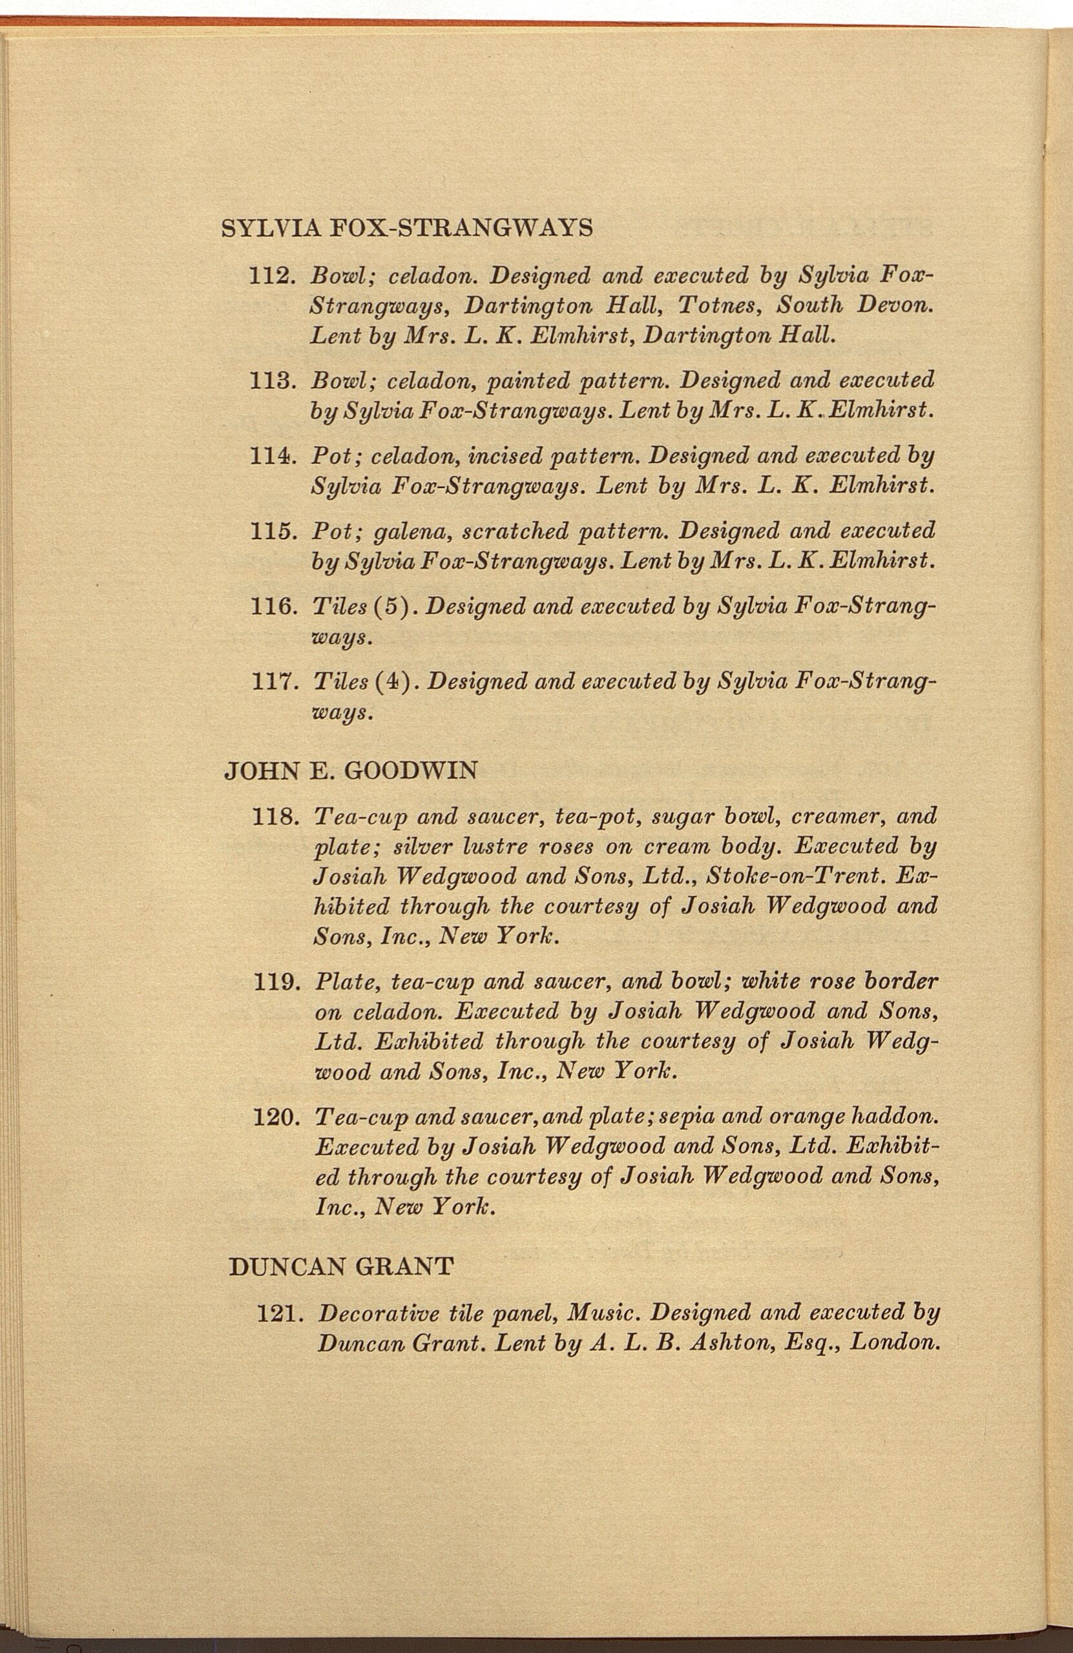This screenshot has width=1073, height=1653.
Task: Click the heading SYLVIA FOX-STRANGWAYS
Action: pos(406,228)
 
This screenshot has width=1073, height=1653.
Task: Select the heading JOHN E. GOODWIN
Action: pos(350,771)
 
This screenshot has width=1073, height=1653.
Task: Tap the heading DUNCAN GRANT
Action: pos(340,1266)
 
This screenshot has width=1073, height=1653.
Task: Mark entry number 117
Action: pos(273,682)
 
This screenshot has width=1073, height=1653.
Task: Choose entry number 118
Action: pos(275,816)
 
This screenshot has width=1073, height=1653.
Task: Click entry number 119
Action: pos(276,983)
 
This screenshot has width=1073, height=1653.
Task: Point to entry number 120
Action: pos(277,1118)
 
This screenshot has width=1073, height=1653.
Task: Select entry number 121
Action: pos(278,1314)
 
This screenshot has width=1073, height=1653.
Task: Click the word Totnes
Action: pos(719,305)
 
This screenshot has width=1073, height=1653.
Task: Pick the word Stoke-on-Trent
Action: pos(795,876)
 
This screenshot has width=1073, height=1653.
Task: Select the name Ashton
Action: pos(731,1344)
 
